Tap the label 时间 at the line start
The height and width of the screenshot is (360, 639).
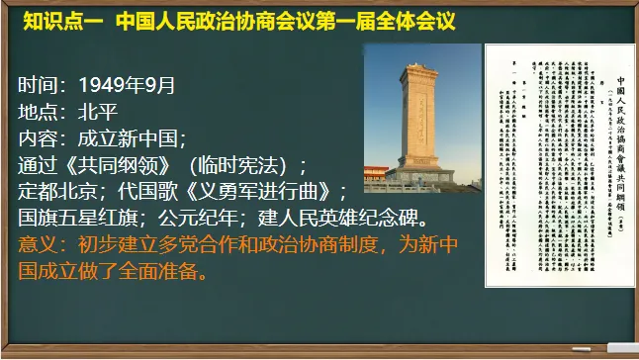[x=40, y=83]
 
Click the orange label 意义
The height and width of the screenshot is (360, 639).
[x=40, y=244]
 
